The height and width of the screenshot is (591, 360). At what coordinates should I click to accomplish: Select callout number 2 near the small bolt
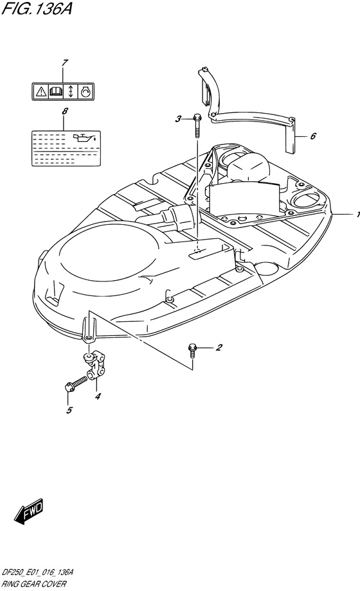click(x=219, y=348)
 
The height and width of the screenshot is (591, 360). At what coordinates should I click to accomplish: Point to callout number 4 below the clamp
click(x=98, y=396)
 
